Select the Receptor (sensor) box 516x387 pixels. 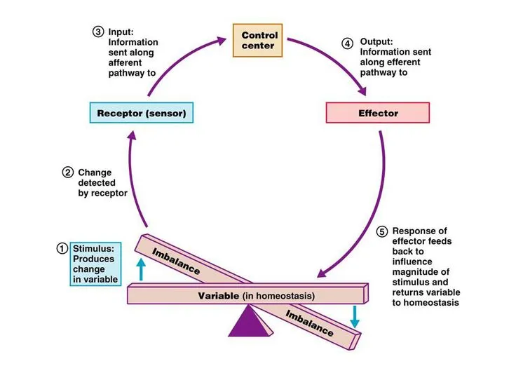(x=140, y=113)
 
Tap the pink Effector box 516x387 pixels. (x=378, y=113)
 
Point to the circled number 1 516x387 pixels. (x=62, y=247)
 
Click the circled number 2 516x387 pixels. (x=68, y=172)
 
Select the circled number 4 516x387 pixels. (x=348, y=43)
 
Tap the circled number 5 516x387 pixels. (x=381, y=232)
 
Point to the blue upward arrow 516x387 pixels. (x=141, y=269)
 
